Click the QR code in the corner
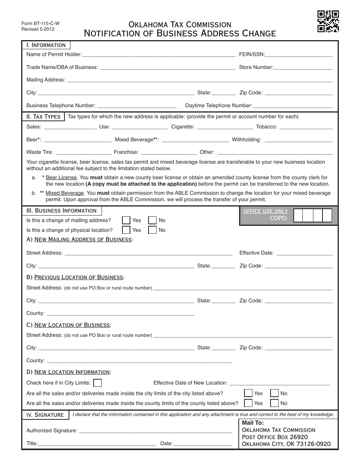click(x=328, y=21)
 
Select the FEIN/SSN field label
click(x=252, y=55)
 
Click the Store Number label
click(x=256, y=67)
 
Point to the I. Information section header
click(x=46, y=45)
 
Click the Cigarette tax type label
click(x=183, y=127)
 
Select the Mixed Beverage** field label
click(x=136, y=140)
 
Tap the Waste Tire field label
click(x=40, y=152)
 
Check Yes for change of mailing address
click(x=126, y=220)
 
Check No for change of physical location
click(x=152, y=230)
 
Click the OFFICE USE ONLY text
click(x=265, y=211)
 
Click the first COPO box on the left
click(x=298, y=216)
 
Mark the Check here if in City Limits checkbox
click(x=97, y=383)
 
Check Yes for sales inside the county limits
click(x=248, y=403)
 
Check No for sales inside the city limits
click(x=274, y=393)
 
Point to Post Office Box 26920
click(x=275, y=437)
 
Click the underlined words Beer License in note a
click(x=61, y=178)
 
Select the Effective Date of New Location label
click(x=190, y=383)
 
